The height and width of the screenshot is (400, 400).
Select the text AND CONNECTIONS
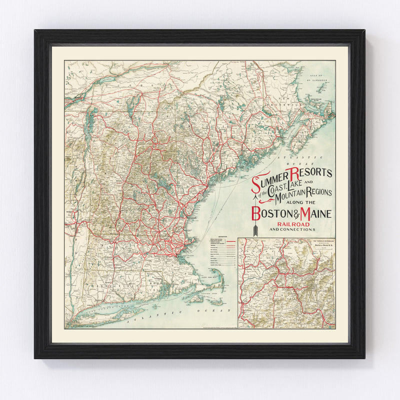click(292, 230)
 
